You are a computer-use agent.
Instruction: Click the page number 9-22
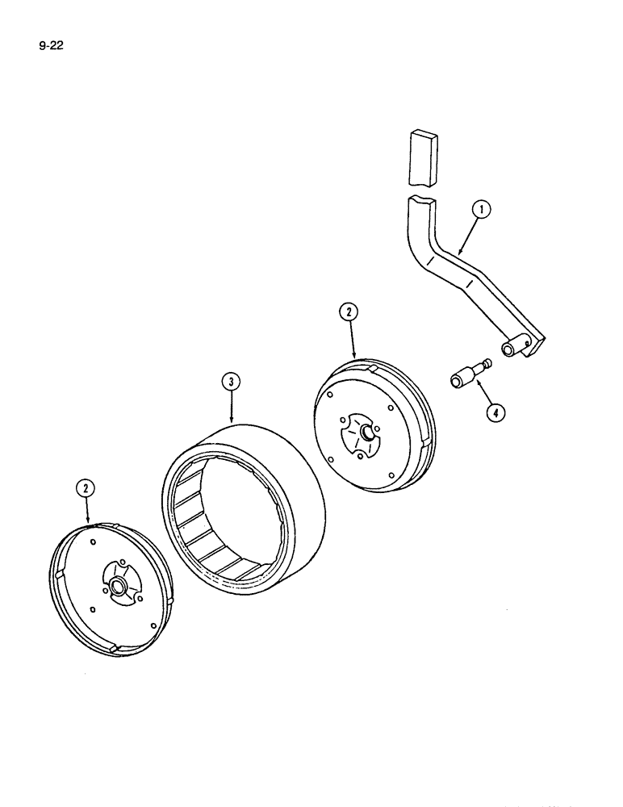(50, 46)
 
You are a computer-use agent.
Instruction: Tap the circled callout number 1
(481, 212)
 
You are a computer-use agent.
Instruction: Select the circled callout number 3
(231, 381)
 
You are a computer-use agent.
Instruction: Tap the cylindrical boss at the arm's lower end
(512, 349)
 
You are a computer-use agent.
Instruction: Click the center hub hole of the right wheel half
(367, 433)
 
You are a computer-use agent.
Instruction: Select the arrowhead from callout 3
(232, 423)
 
